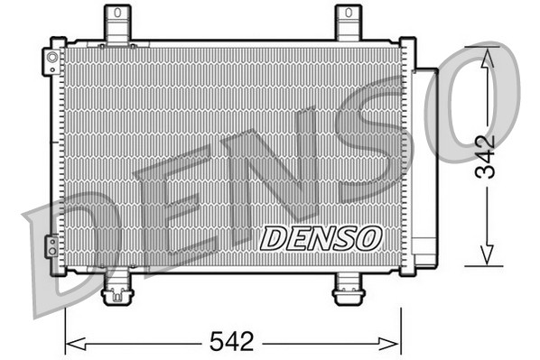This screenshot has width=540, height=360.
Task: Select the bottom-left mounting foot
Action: tap(117, 291)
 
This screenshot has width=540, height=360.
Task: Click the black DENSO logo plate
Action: tap(321, 238)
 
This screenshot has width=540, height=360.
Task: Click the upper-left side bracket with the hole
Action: tap(52, 60)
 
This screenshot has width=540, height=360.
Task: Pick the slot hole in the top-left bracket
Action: tap(116, 15)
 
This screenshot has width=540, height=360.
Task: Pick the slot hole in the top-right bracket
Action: tap(348, 15)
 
